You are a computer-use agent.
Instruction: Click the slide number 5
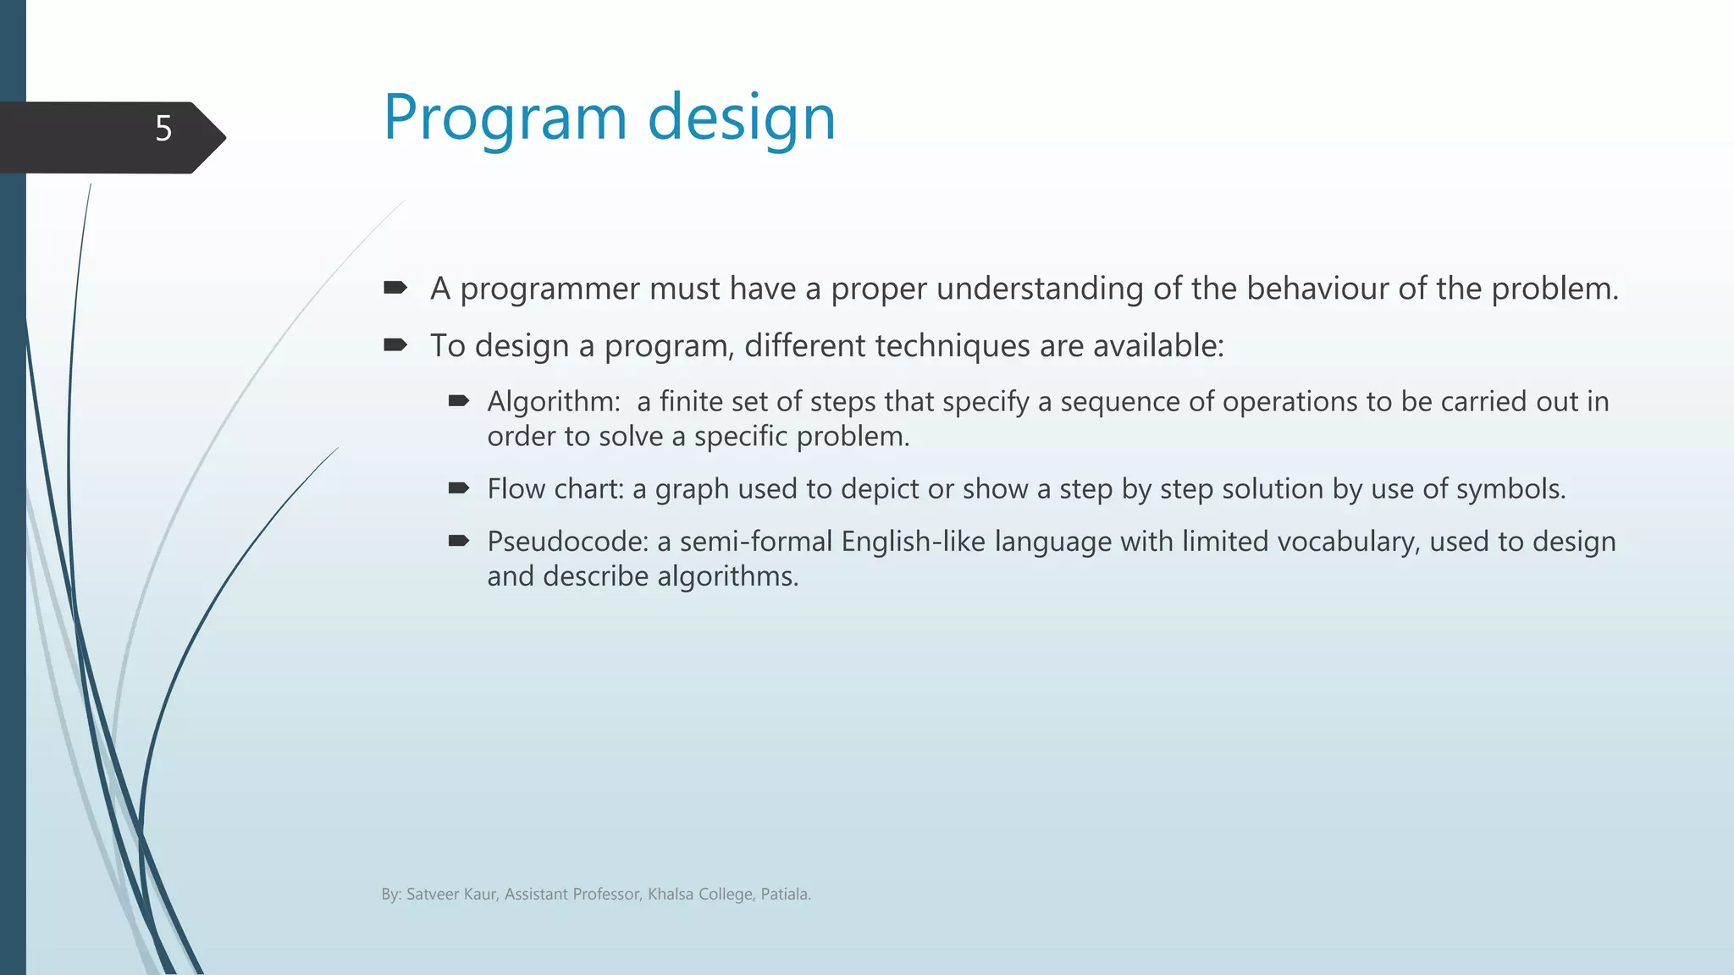pyautogui.click(x=163, y=129)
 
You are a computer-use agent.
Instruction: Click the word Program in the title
pyautogui.click(x=505, y=118)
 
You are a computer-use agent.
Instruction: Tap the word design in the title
pyautogui.click(x=742, y=118)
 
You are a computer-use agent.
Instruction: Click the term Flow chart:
pyautogui.click(x=555, y=489)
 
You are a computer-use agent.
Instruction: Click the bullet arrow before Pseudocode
pyautogui.click(x=459, y=541)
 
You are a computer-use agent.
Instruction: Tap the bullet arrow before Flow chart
pyautogui.click(x=459, y=487)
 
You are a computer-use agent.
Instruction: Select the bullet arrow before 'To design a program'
pyautogui.click(x=395, y=344)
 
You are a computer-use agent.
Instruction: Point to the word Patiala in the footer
pyautogui.click(x=785, y=895)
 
